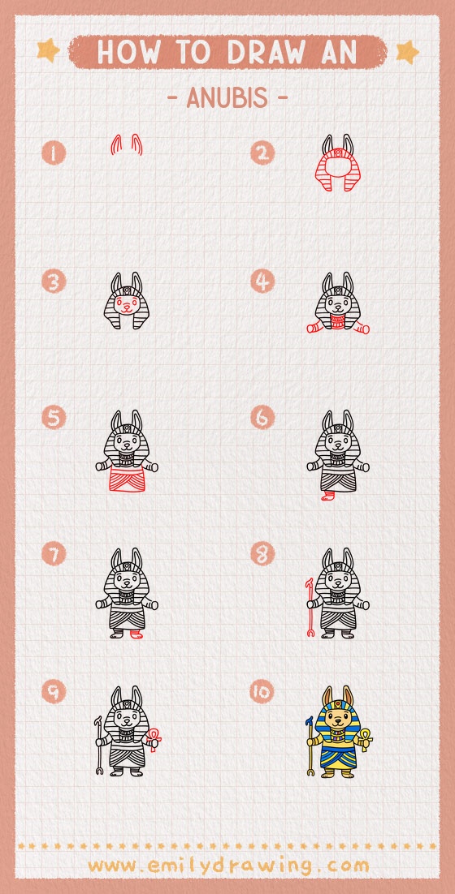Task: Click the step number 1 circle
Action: [x=54, y=153]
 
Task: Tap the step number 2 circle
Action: [x=262, y=153]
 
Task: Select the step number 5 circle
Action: [x=54, y=418]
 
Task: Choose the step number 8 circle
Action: [x=262, y=555]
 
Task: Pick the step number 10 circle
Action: [x=262, y=692]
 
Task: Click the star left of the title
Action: [x=48, y=52]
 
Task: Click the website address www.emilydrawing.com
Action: [x=227, y=866]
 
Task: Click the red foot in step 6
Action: [x=329, y=494]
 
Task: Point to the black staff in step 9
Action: [x=99, y=745]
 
